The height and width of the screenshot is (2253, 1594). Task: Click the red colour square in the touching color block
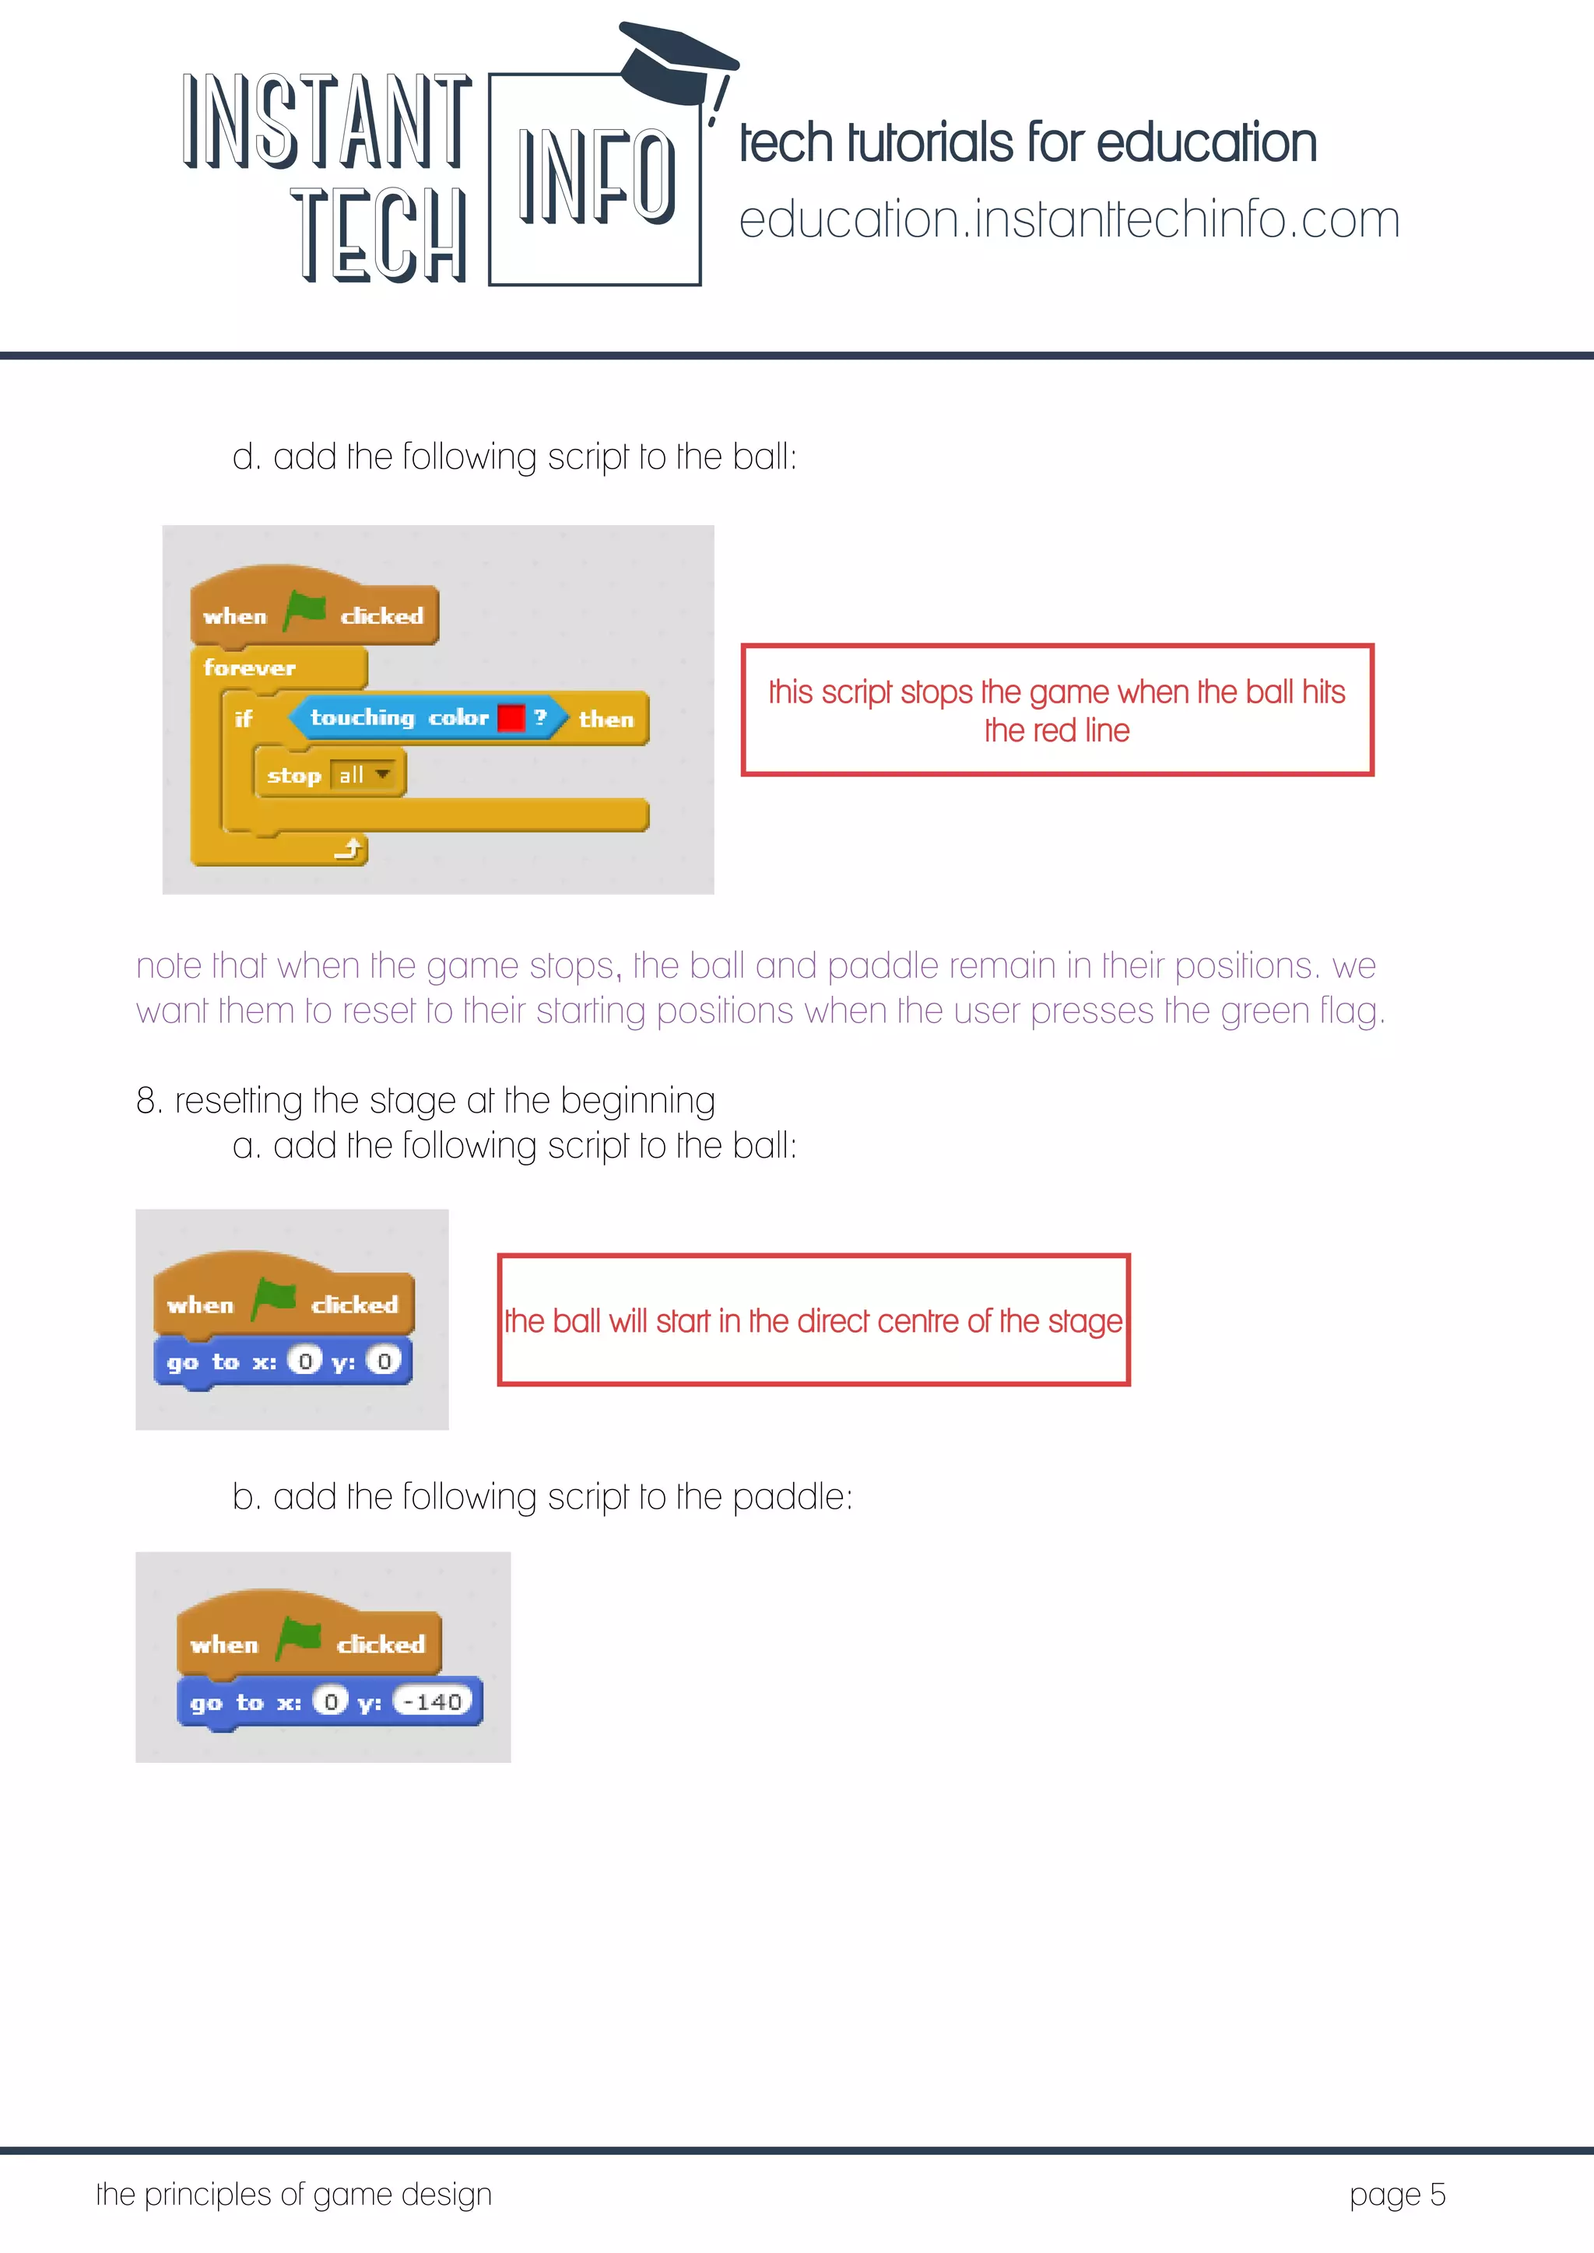pyautogui.click(x=511, y=718)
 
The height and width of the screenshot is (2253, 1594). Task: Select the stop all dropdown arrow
pyautogui.click(x=384, y=774)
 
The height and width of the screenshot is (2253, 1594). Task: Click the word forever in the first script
pyautogui.click(x=249, y=668)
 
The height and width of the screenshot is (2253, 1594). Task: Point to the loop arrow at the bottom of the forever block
pyautogui.click(x=349, y=848)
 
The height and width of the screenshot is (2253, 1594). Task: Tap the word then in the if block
pyautogui.click(x=606, y=720)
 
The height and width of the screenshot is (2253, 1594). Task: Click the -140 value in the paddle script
pyautogui.click(x=433, y=1701)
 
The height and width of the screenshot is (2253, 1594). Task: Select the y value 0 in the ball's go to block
pyautogui.click(x=384, y=1361)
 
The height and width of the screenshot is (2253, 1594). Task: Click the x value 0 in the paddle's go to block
pyautogui.click(x=331, y=1701)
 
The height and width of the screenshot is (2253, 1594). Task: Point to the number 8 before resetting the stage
pyautogui.click(x=146, y=1101)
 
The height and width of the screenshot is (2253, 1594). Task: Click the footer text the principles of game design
pyautogui.click(x=293, y=2194)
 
